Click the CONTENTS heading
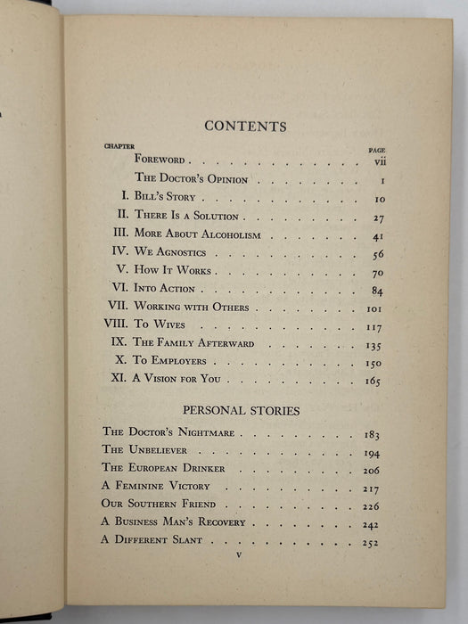(245, 126)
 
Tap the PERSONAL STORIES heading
(245, 411)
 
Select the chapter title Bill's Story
(164, 197)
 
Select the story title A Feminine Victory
(148, 486)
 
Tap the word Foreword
(160, 160)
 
